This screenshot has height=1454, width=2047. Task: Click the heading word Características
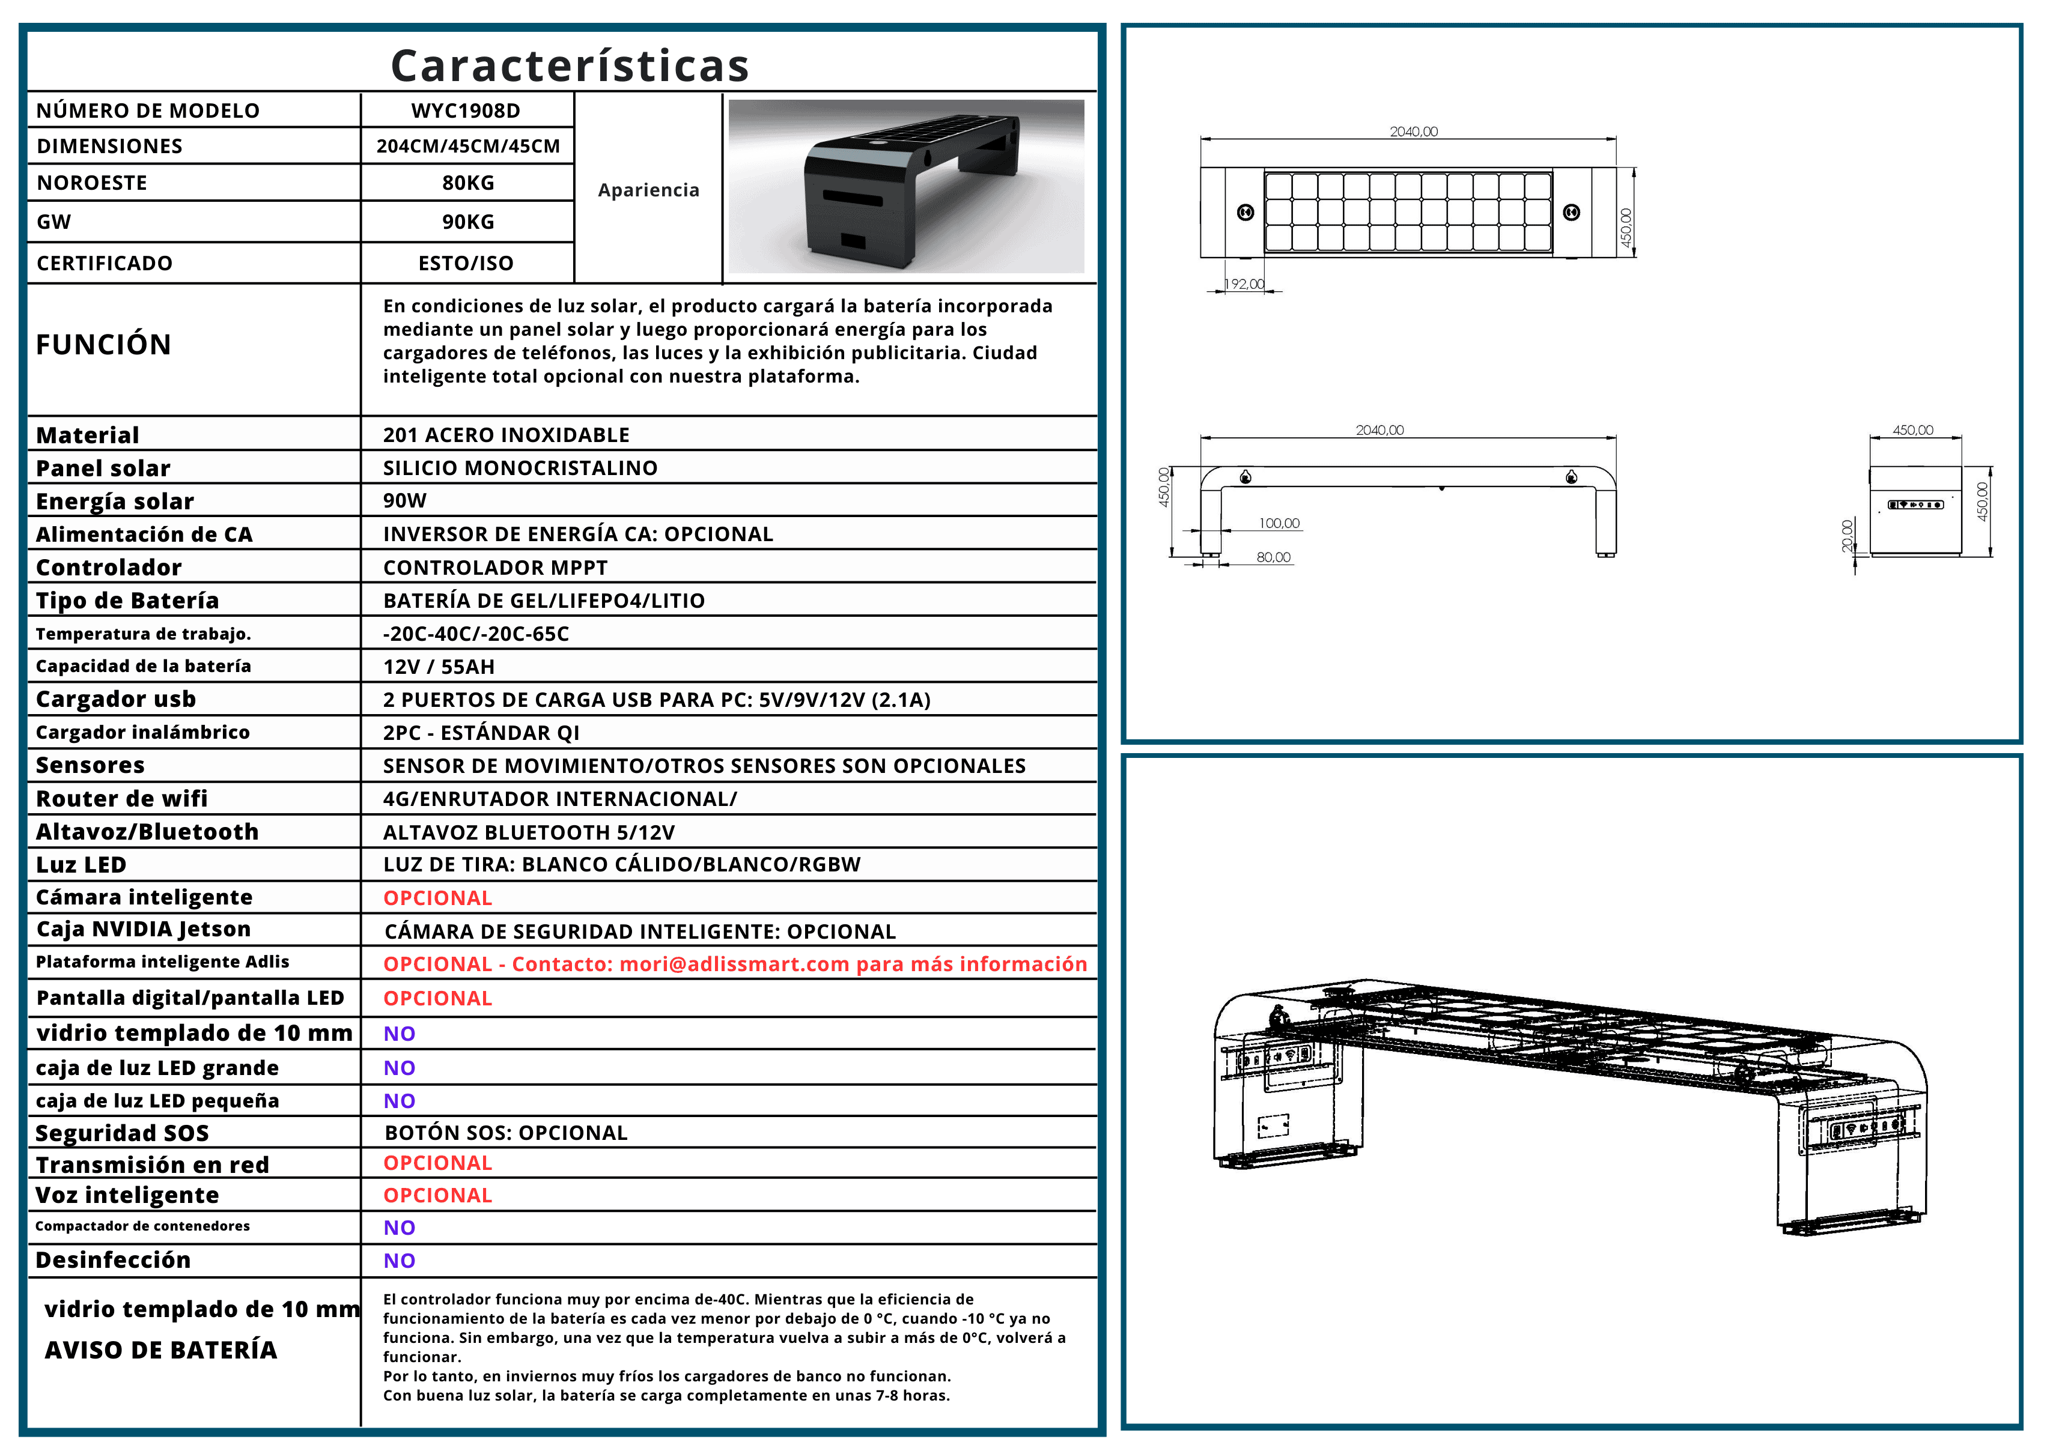click(x=570, y=65)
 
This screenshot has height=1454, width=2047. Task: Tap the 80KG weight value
click(x=467, y=183)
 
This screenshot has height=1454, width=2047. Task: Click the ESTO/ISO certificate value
click(x=466, y=263)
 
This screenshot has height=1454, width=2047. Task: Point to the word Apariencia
click(x=648, y=190)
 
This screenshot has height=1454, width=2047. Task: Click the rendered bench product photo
click(x=905, y=186)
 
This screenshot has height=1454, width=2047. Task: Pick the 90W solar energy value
click(x=405, y=500)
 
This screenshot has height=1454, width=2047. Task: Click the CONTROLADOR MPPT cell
click(x=495, y=568)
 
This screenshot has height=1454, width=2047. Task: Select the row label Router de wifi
click(x=122, y=799)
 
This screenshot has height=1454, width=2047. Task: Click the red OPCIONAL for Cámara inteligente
click(x=438, y=898)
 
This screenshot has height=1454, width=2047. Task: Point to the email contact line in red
click(x=734, y=965)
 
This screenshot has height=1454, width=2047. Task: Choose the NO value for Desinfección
click(x=400, y=1261)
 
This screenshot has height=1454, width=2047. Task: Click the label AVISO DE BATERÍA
click(x=161, y=1350)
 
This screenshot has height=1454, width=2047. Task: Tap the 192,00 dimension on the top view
click(x=1245, y=284)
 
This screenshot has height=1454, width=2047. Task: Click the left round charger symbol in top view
click(x=1245, y=212)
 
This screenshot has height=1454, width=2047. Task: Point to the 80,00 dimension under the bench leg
click(x=1273, y=557)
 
